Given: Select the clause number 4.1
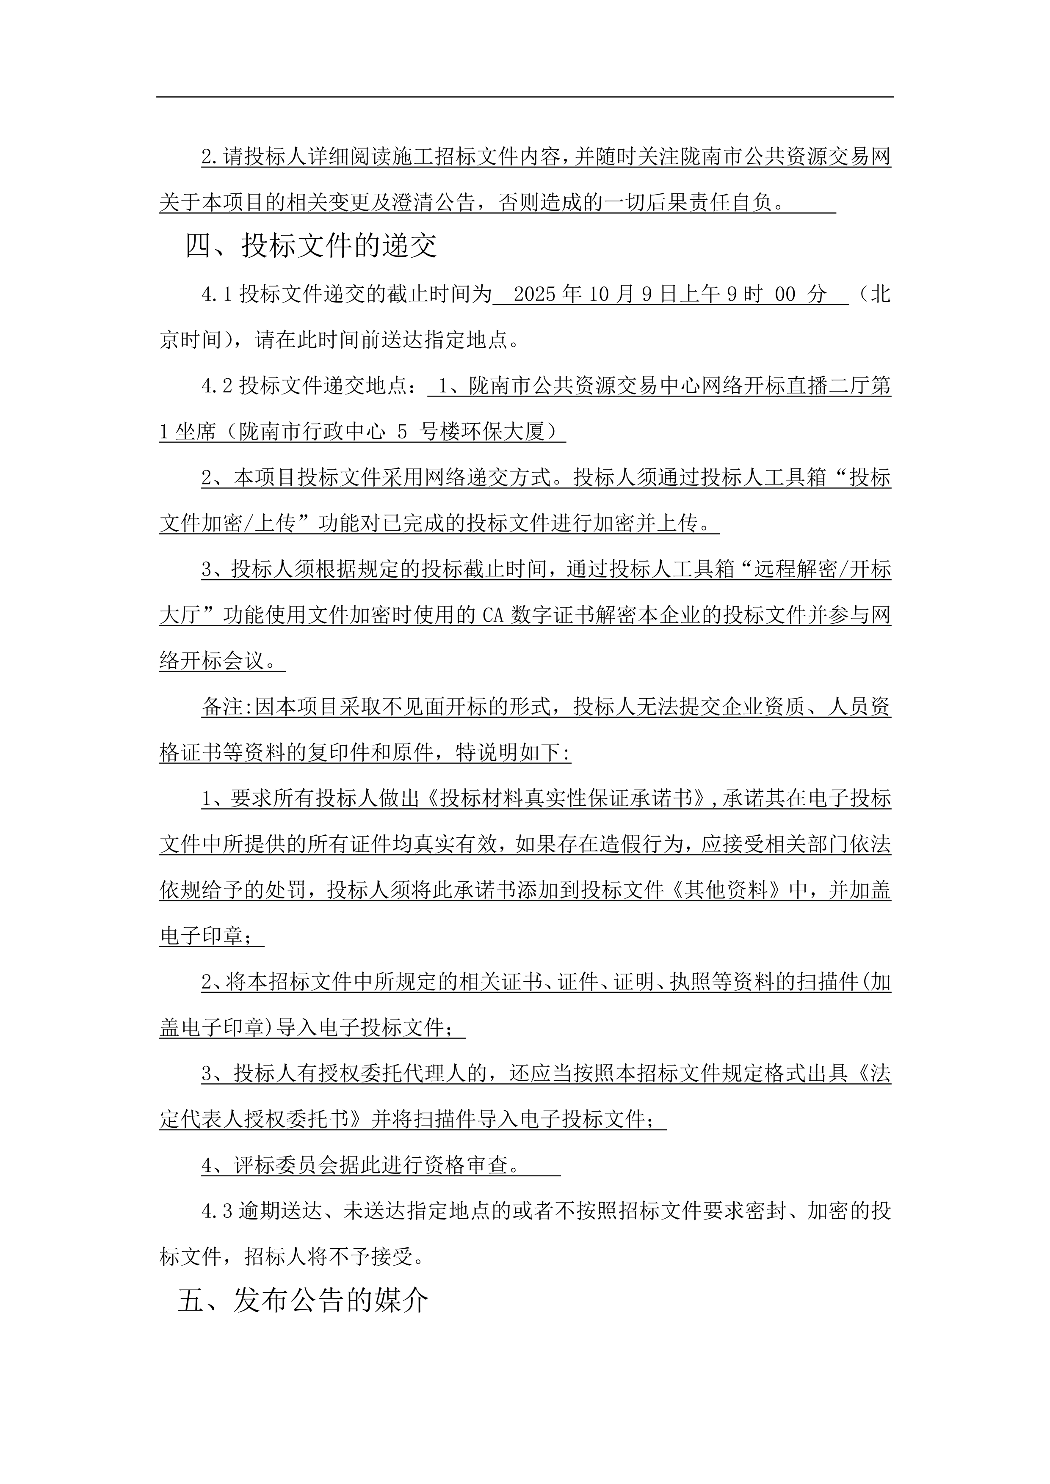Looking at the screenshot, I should [x=217, y=295].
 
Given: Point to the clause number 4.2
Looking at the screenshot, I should [x=217, y=386].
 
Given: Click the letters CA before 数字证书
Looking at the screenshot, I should [x=493, y=615].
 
